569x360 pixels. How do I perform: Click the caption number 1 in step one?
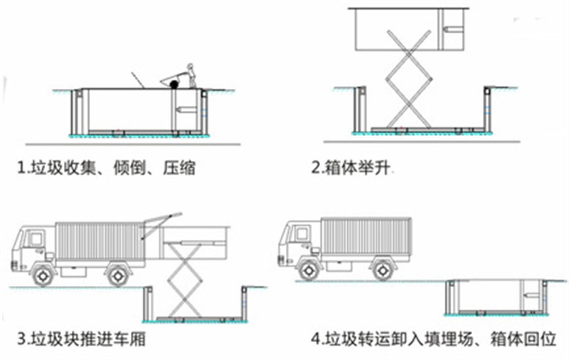(22, 169)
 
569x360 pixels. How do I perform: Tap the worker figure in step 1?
(190, 75)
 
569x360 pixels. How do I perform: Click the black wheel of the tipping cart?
(174, 85)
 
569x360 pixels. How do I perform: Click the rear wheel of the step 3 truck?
(116, 274)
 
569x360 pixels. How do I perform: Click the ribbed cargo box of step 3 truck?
(99, 242)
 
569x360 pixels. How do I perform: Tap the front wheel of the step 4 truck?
(308, 269)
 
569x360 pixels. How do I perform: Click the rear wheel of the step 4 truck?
(383, 269)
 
